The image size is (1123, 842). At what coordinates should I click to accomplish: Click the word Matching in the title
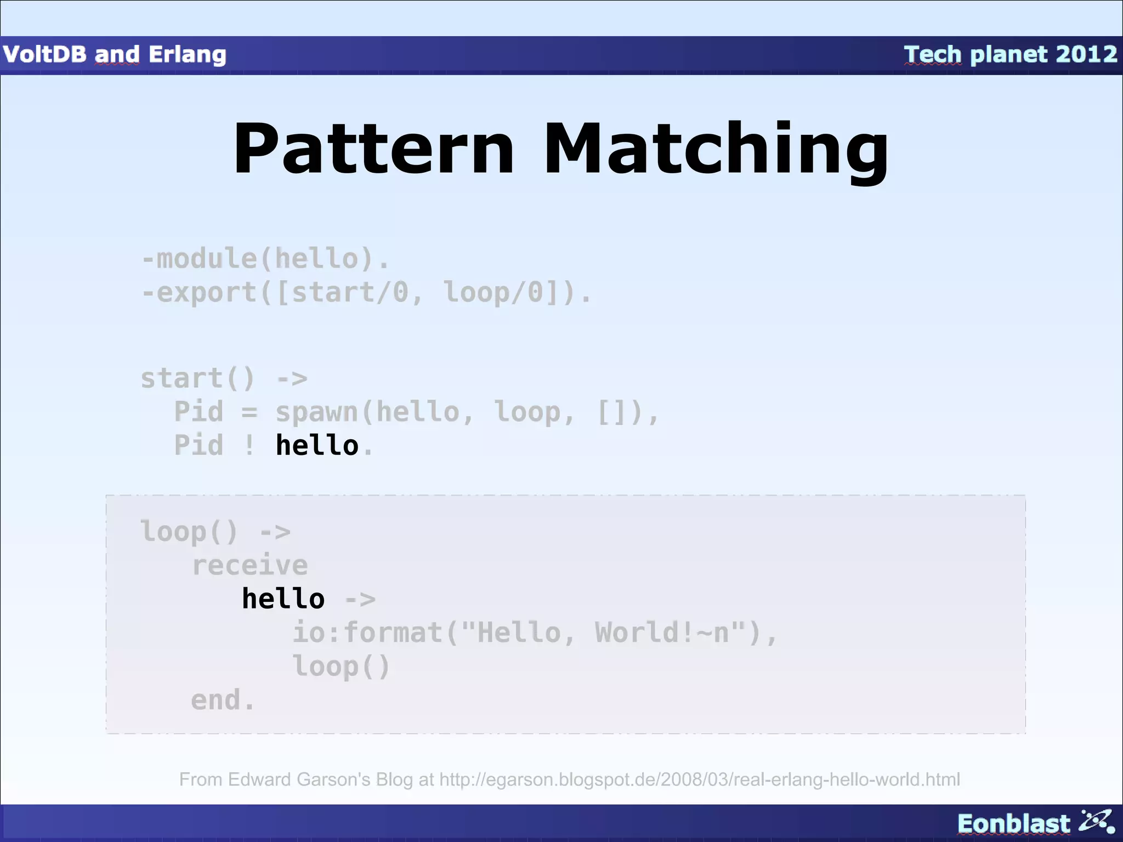point(715,149)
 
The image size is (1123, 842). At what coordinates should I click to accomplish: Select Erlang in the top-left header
point(187,54)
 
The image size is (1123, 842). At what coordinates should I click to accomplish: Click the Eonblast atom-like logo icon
point(1096,822)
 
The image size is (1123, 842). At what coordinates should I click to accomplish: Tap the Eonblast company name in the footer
point(1013,823)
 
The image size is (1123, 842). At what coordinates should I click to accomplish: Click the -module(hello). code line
point(265,258)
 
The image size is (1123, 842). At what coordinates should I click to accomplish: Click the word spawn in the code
point(316,412)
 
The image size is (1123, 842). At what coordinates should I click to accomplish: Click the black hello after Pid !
point(316,445)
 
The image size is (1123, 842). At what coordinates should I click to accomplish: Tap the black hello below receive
point(283,598)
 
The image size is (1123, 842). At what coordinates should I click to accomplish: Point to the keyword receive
point(249,565)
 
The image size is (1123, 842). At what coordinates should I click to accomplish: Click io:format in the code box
point(367,632)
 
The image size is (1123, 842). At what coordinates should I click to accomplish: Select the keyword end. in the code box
point(223,700)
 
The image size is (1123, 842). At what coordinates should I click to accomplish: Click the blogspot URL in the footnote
point(700,779)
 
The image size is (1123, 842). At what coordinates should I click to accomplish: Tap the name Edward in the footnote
point(260,779)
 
